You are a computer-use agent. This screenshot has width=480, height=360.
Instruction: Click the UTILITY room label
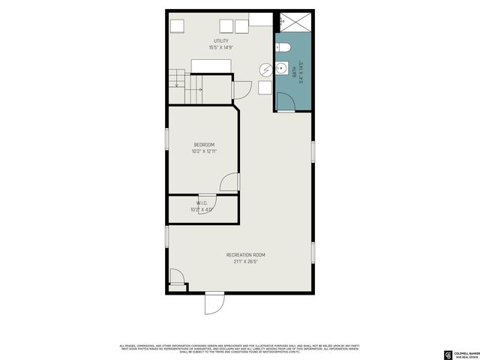point(220,40)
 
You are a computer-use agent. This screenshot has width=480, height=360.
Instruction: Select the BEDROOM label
point(204,145)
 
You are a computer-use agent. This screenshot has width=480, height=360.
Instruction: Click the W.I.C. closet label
point(202,202)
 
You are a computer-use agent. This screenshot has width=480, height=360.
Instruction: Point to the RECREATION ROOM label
point(245,255)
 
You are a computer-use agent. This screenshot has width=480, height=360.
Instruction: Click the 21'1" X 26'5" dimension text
point(245,262)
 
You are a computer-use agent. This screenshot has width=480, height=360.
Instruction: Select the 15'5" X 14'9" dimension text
point(220,47)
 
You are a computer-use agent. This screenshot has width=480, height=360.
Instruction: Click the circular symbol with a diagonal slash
point(266,70)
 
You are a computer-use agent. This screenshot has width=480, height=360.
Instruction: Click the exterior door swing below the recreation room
point(214,303)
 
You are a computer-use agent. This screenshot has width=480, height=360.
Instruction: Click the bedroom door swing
point(229,183)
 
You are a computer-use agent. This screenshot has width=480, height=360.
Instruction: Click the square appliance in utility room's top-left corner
point(177,25)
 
